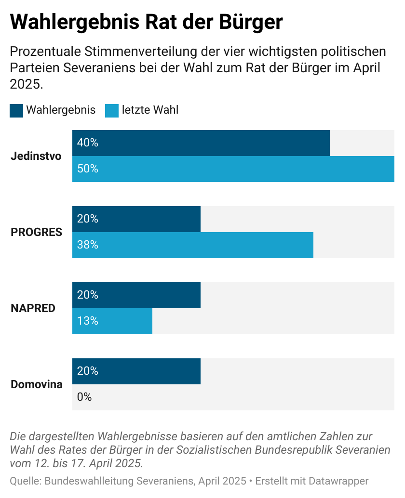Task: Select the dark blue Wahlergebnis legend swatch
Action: coord(16,110)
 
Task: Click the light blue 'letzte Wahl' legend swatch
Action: coord(112,110)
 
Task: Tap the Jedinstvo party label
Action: coord(36,156)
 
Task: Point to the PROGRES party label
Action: coord(37,232)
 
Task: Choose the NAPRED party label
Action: coord(33,308)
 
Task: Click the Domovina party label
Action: coord(37,384)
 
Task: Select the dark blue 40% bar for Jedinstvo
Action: coord(201,143)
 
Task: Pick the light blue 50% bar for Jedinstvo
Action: coord(233,169)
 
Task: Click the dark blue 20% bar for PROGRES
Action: coord(136,219)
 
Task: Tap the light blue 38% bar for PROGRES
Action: coord(193,245)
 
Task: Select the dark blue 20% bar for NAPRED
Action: coord(136,295)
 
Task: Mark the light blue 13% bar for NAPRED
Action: coord(112,321)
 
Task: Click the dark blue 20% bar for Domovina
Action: coord(136,371)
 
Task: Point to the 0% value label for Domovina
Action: coord(84,397)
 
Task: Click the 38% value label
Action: coord(88,245)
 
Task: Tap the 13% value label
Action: coord(88,321)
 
